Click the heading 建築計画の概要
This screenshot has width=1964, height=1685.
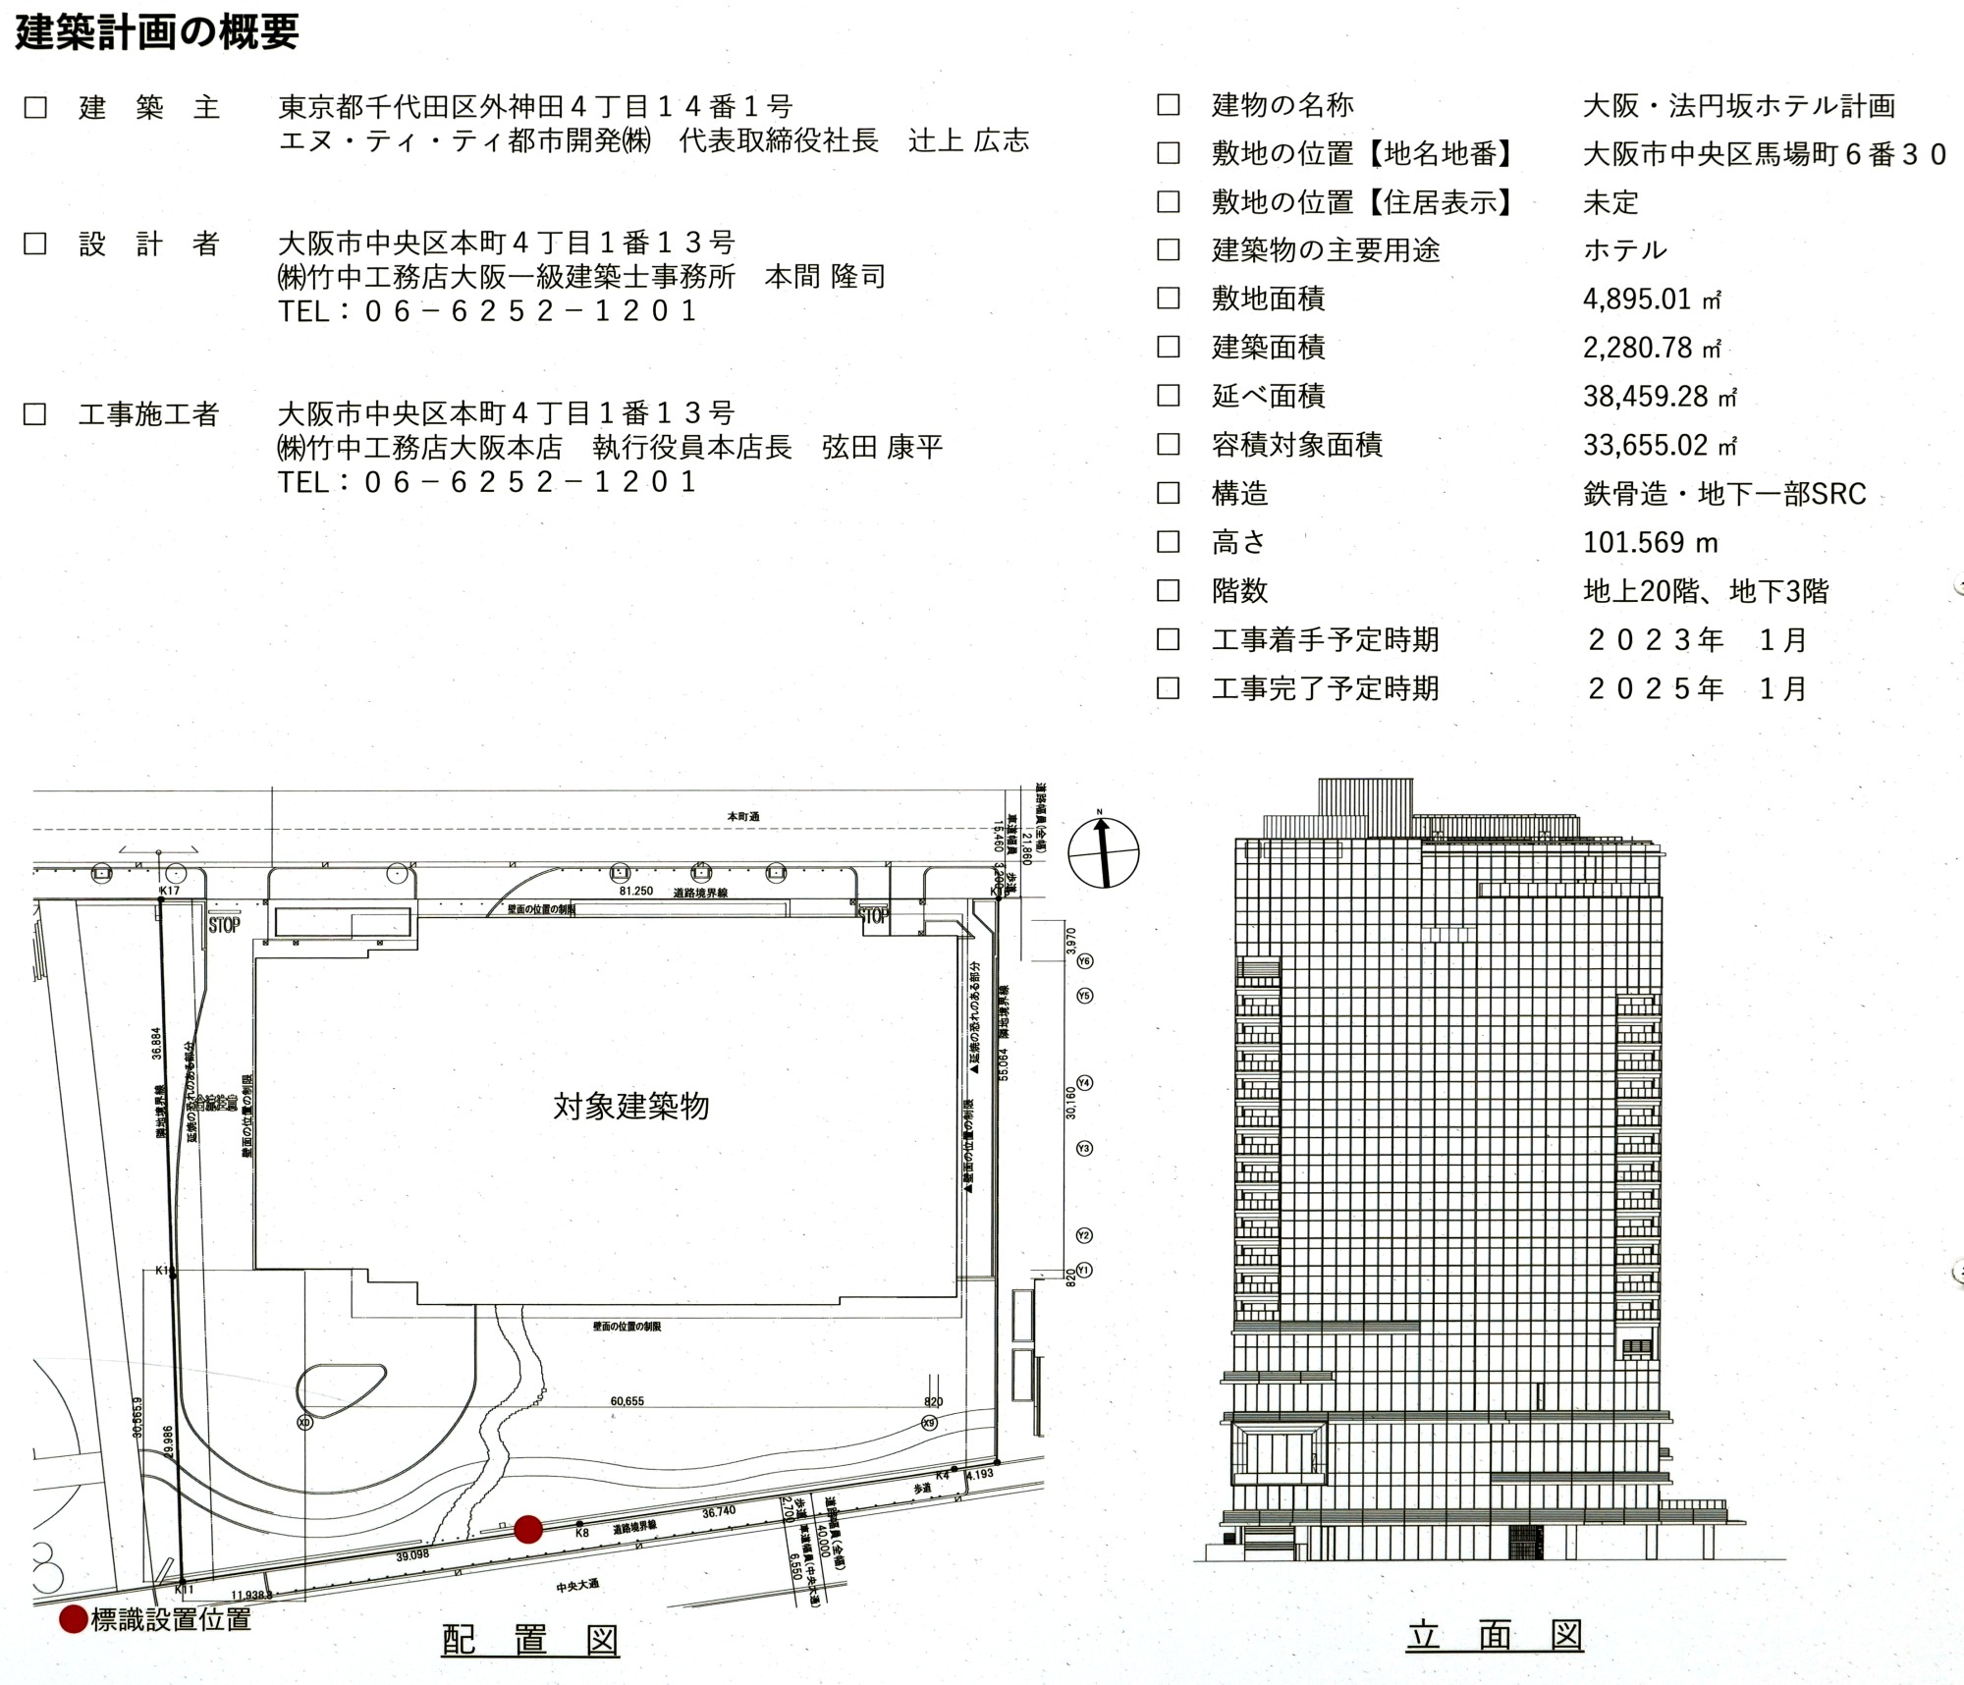[x=157, y=32]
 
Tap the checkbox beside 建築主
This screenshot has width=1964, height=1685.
[x=35, y=107]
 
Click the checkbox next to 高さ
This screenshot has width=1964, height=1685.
[x=1168, y=542]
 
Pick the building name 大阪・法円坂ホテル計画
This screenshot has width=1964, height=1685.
[x=1738, y=105]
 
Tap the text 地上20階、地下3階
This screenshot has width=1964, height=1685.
[x=1706, y=591]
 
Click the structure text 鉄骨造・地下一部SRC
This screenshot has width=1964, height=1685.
[x=1723, y=493]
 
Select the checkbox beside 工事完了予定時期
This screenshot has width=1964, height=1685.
[x=1168, y=688]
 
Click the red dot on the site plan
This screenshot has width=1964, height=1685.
[x=528, y=1529]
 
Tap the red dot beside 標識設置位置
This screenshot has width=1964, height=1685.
[x=74, y=1619]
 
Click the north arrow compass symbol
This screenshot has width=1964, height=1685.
[x=1103, y=852]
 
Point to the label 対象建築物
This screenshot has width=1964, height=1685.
[x=630, y=1107]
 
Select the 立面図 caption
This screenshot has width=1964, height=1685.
[x=1494, y=1636]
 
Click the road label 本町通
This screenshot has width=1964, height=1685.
[x=742, y=817]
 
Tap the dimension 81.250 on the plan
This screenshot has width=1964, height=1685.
[x=635, y=892]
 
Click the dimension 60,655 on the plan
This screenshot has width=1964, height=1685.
[x=627, y=1401]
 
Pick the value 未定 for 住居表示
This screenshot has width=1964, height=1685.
[x=1610, y=202]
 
